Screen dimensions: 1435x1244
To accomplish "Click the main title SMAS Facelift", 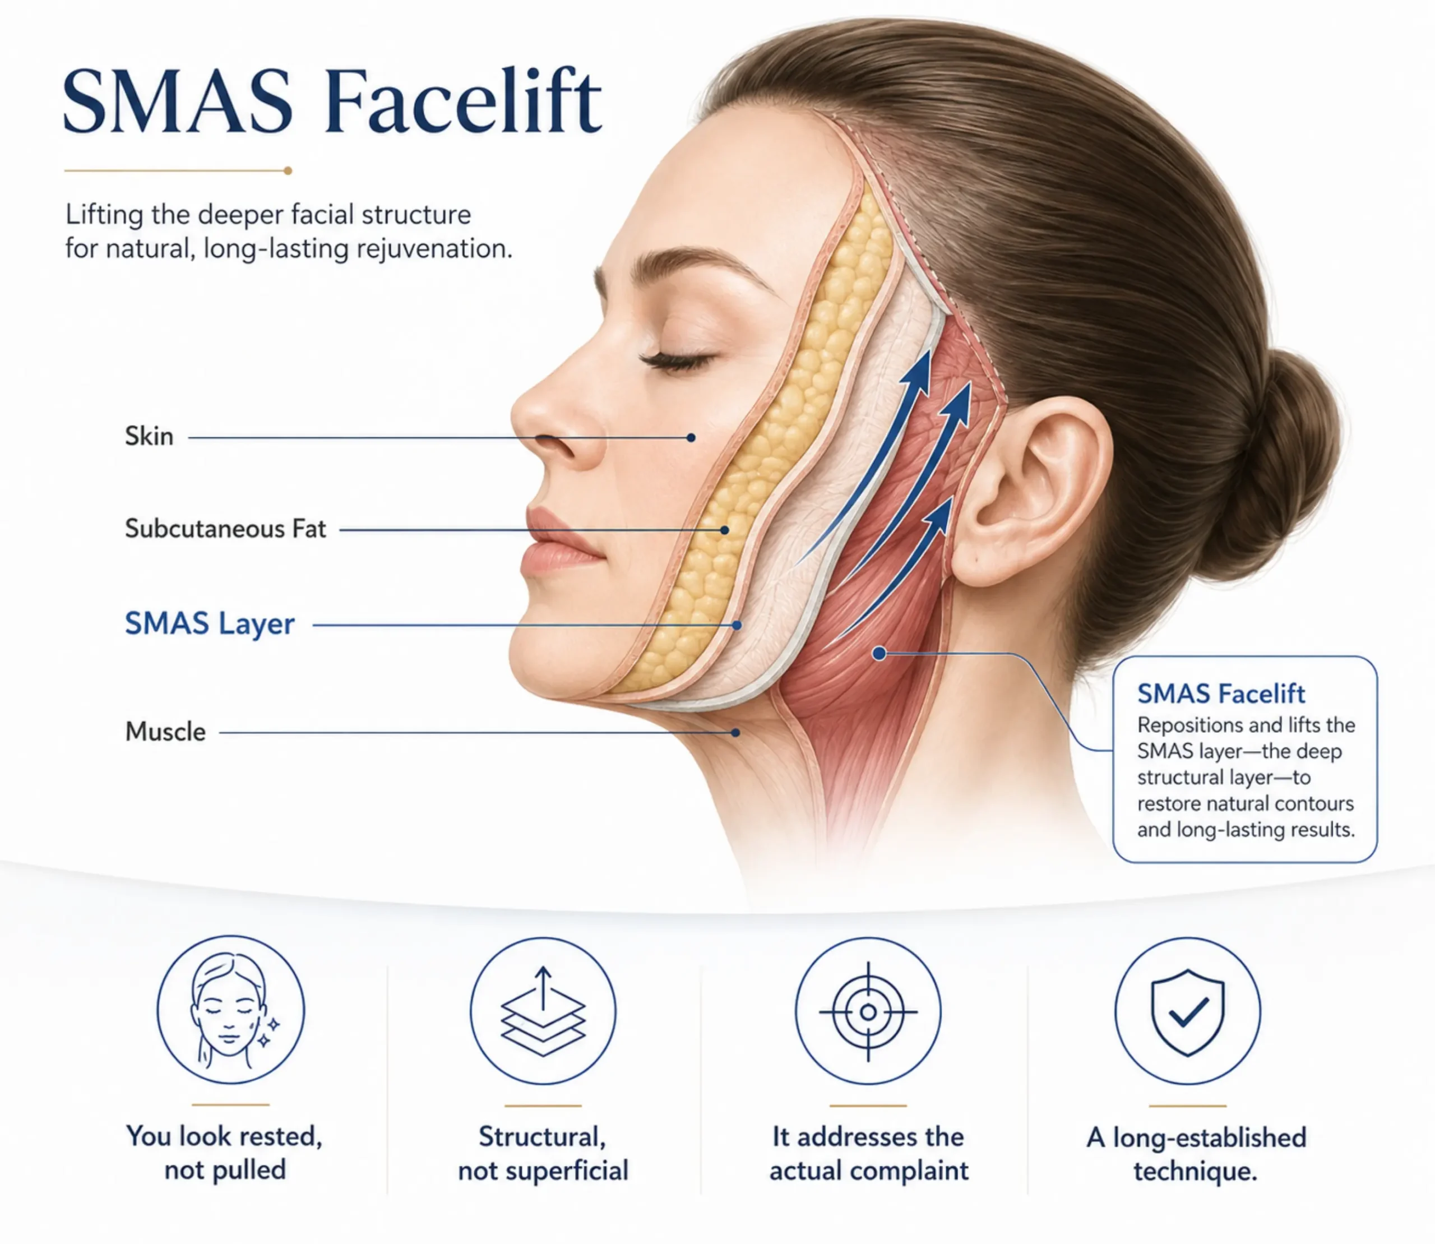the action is click(332, 101).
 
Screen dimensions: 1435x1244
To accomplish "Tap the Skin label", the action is click(149, 437).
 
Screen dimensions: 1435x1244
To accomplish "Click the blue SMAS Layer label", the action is click(210, 623).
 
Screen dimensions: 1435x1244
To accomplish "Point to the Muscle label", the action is click(165, 732).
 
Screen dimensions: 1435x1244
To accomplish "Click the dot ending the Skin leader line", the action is click(691, 437).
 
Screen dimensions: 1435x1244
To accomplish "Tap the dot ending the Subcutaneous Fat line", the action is click(724, 530).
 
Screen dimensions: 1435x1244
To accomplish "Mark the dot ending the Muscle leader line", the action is click(735, 732).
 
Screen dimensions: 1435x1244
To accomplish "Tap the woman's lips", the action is click(559, 542).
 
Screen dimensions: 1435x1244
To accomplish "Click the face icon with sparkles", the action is click(230, 1010).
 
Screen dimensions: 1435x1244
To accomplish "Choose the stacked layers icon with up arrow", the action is click(543, 1010).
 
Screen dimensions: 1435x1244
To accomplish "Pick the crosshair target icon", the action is click(868, 1011).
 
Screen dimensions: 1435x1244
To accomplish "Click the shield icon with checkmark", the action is click(1188, 1011).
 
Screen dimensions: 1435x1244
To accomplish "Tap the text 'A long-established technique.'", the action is click(1196, 1154).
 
